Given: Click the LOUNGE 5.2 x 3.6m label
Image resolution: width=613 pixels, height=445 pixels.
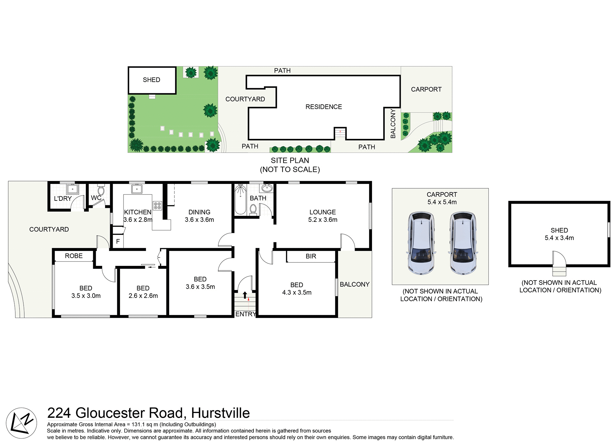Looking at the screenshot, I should click(x=322, y=216).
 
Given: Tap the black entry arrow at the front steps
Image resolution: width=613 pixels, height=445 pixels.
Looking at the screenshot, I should click(x=245, y=295).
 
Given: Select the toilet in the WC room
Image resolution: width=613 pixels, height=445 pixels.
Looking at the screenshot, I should click(x=101, y=191).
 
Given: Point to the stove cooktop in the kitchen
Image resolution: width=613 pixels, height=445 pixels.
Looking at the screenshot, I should click(x=157, y=206).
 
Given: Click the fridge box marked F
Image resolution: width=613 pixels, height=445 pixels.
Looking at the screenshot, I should click(x=118, y=241).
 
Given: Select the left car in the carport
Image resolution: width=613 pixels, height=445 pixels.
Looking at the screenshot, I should click(x=421, y=243).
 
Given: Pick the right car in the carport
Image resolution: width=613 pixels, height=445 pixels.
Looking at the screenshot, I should click(x=463, y=243).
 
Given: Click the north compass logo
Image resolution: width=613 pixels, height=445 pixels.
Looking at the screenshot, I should click(x=21, y=423).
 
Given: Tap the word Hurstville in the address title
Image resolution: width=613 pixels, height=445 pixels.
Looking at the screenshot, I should click(x=220, y=413).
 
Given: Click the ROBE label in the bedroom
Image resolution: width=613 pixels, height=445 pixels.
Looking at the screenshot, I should click(x=74, y=256).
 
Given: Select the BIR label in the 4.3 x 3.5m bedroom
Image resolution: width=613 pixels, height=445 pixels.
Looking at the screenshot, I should click(x=311, y=256).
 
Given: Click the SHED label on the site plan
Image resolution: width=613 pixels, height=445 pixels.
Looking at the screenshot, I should click(x=151, y=80).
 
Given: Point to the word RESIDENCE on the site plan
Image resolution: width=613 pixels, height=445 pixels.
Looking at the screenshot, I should click(x=323, y=107).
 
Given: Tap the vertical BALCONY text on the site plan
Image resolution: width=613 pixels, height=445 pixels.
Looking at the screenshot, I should click(x=393, y=124).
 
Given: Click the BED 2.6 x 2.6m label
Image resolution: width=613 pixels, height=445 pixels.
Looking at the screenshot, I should click(x=143, y=292).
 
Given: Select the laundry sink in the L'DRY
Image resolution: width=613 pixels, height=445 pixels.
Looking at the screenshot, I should click(x=72, y=189).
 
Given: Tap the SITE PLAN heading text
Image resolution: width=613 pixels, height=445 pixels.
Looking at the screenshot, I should click(x=290, y=161).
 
